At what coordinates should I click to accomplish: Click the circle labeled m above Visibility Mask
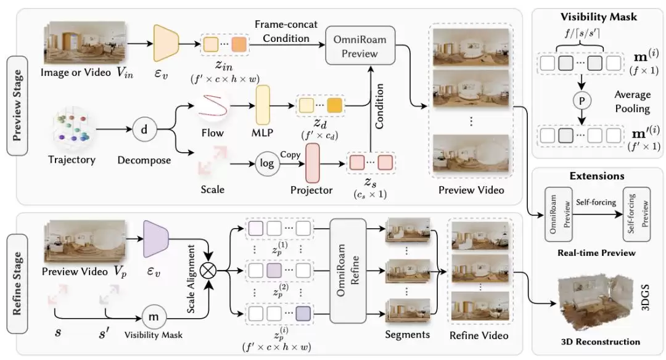(151, 316)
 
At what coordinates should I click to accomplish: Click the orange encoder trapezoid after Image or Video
(165, 43)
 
